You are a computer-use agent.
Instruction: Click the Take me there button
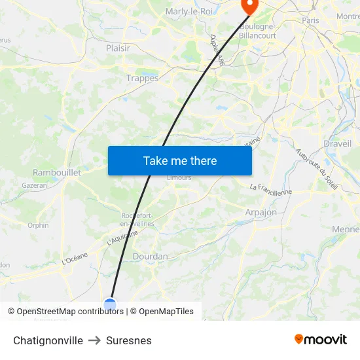click(x=180, y=160)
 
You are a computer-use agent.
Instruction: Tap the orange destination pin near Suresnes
click(x=249, y=6)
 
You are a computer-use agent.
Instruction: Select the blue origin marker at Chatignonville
click(x=110, y=304)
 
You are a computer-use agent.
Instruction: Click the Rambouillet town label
click(x=57, y=172)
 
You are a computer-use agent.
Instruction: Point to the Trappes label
click(x=142, y=78)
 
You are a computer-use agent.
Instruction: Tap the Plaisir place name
click(x=118, y=48)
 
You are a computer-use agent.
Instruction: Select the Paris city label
click(x=310, y=21)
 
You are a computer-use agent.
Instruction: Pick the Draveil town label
click(x=337, y=143)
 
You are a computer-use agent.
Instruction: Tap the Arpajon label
click(x=261, y=212)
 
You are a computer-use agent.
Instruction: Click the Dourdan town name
click(x=151, y=257)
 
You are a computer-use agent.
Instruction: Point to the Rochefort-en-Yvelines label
click(x=137, y=219)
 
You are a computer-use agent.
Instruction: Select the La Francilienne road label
click(x=271, y=189)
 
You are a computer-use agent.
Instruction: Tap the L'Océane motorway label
click(x=75, y=259)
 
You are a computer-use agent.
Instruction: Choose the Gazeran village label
click(x=35, y=185)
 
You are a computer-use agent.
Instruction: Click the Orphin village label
click(x=38, y=225)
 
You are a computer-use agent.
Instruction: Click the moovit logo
click(x=321, y=340)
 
